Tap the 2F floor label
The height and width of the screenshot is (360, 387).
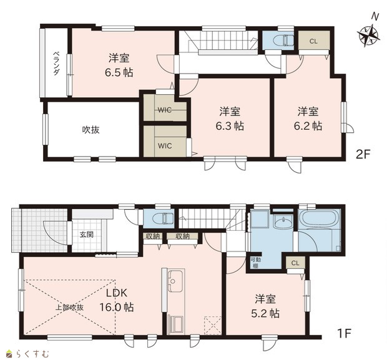(x=363, y=155)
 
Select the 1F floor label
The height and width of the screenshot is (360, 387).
(x=344, y=333)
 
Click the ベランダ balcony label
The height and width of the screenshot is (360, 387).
(x=57, y=63)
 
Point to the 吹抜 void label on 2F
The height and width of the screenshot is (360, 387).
(x=91, y=130)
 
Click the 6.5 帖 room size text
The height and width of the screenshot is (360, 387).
(x=119, y=72)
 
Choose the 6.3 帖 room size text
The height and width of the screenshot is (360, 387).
(x=230, y=126)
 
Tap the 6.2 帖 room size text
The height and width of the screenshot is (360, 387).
(x=308, y=126)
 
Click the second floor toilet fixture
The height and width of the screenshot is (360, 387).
(x=286, y=39)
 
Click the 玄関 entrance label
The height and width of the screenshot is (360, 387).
(x=86, y=234)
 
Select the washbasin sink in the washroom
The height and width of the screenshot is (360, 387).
(x=283, y=223)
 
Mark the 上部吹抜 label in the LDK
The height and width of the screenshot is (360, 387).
(x=69, y=308)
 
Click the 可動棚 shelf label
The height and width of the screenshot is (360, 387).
(x=254, y=263)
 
